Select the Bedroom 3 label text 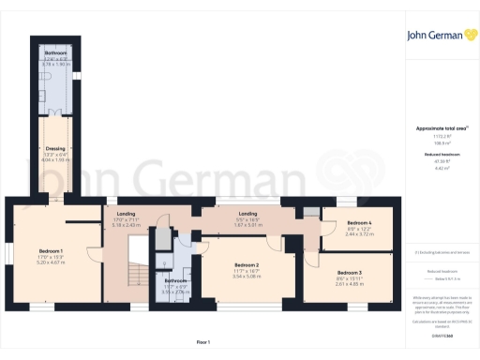coord(348,272)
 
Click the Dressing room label coord(53,148)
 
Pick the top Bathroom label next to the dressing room coord(56,53)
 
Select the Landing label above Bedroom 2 coord(248,213)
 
